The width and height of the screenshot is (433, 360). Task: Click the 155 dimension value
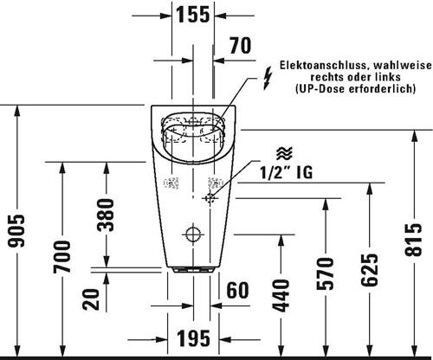[x=193, y=15]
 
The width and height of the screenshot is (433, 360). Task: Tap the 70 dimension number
[x=241, y=45]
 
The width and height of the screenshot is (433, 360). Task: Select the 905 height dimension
[x=16, y=231]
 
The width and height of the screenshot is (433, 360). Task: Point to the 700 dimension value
[x=61, y=257]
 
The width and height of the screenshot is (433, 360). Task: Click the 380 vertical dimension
[x=106, y=215]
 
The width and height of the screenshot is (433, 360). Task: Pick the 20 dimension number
[x=90, y=299]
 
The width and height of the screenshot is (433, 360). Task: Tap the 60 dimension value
[x=237, y=290]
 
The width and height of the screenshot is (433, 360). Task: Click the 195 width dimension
[x=193, y=338]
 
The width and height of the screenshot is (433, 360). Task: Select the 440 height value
[x=281, y=296]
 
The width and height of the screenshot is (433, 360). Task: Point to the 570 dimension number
[x=325, y=273]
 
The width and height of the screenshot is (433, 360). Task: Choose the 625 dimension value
[x=369, y=270]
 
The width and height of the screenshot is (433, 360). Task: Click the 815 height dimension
[x=413, y=240]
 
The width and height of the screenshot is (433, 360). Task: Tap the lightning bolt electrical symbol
[x=268, y=78]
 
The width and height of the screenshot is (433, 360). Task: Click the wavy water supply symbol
[x=284, y=153]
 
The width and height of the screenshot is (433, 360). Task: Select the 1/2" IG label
[x=286, y=173]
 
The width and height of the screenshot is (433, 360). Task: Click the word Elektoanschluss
[x=325, y=65]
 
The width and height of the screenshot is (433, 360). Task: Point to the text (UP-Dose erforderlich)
[x=355, y=88]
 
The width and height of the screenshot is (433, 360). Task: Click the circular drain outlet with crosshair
[x=193, y=235]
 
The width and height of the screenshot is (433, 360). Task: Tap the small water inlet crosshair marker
[x=210, y=198]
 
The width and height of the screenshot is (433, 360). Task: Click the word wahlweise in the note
[x=403, y=65]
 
